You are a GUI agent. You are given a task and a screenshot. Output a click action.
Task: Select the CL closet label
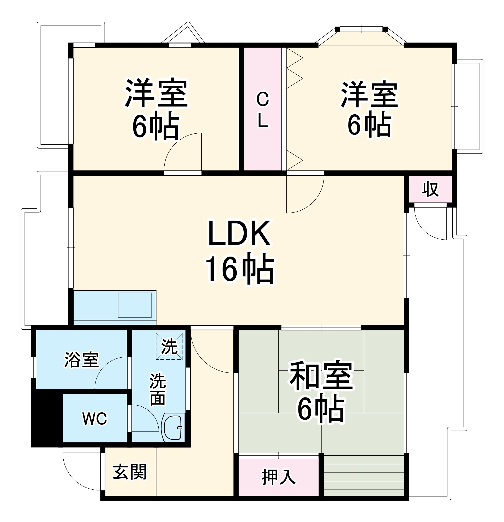262,110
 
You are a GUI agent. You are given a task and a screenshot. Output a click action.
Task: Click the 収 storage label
430,190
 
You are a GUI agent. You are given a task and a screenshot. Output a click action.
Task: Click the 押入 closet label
279,477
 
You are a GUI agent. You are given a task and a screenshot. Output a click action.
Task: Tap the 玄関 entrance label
129,472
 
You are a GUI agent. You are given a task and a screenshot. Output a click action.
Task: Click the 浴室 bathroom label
81,360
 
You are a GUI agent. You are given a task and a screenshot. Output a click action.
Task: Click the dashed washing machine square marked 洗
169,346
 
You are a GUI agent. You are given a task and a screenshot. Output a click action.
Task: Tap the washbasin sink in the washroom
173,428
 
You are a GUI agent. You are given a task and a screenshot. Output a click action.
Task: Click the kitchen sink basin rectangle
134,305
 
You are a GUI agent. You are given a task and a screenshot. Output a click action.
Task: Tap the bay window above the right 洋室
361,36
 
